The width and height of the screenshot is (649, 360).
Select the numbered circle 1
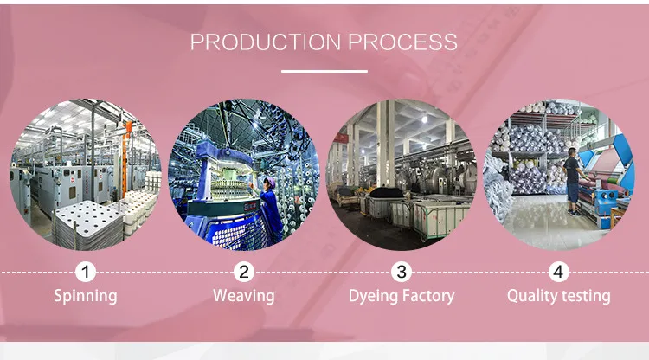click(85, 272)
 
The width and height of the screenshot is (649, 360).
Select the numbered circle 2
click(244, 272)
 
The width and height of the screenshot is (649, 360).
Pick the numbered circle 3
click(402, 272)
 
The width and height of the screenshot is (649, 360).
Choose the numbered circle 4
click(559, 272)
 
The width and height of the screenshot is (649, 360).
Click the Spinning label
click(85, 296)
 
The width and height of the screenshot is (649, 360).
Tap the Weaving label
click(244, 296)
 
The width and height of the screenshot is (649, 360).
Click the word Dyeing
click(374, 297)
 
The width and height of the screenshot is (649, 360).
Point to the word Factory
click(427, 296)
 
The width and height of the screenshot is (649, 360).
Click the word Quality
click(533, 297)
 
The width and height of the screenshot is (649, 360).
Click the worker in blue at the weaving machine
click(271, 208)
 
